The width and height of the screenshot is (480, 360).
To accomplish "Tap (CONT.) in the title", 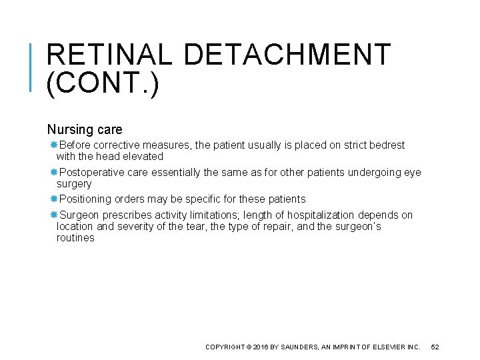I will tap(103, 85).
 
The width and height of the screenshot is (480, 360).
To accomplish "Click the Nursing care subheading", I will tap(85, 129).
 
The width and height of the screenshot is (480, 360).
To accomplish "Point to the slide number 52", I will tap(436, 347).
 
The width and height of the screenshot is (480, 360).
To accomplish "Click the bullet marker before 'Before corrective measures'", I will tap(54, 145).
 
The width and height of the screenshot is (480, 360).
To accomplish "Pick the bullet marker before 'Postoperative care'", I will tap(54, 173).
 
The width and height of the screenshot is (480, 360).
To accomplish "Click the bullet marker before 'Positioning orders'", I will tap(54, 199).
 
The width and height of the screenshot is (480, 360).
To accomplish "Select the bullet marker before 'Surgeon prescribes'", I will tap(54, 215).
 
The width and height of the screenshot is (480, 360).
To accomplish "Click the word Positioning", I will tap(85, 199).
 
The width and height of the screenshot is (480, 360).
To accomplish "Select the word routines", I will tap(75, 238).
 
